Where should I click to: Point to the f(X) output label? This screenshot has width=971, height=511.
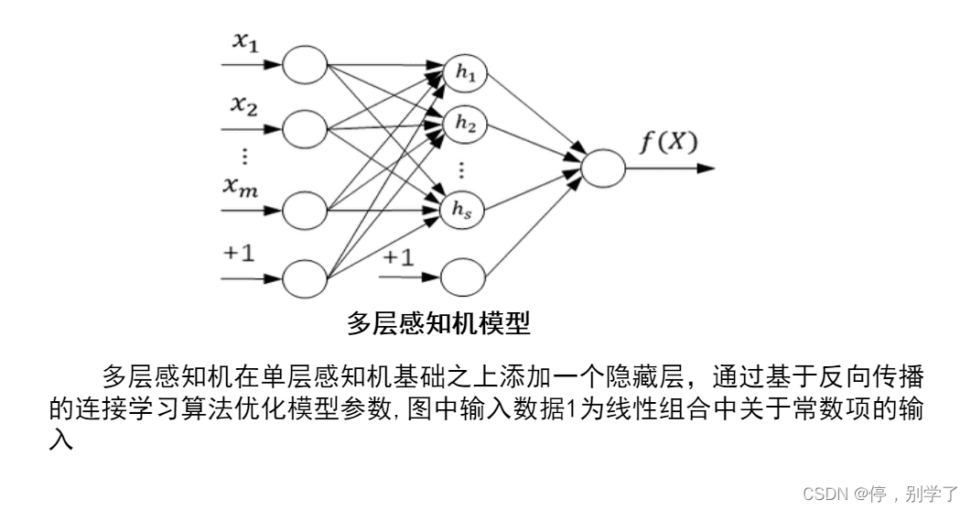click(x=668, y=142)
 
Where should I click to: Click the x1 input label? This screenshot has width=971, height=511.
click(x=245, y=41)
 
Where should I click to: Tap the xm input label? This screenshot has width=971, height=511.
click(x=241, y=186)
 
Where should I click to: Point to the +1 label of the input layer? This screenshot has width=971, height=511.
click(x=239, y=253)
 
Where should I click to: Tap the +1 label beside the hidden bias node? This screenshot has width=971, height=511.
click(x=397, y=256)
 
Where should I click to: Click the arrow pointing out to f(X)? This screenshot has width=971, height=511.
click(x=670, y=168)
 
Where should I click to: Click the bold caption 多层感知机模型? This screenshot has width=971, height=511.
click(x=437, y=323)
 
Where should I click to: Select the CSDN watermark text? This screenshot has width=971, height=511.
click(x=880, y=494)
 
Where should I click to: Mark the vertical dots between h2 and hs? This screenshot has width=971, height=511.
click(x=461, y=169)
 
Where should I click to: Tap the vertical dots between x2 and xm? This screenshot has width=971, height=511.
click(x=244, y=156)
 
